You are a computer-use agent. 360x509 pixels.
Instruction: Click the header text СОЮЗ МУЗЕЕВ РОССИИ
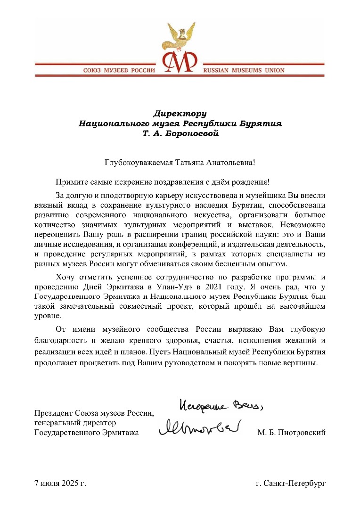119,70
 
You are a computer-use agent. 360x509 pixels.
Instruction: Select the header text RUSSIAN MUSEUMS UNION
244,70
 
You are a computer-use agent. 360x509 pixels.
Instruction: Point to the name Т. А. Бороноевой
180,134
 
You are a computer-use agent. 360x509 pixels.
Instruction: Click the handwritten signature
200,427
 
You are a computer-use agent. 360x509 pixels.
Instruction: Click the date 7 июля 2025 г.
60,484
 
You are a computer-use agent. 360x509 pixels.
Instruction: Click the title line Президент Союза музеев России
94,414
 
